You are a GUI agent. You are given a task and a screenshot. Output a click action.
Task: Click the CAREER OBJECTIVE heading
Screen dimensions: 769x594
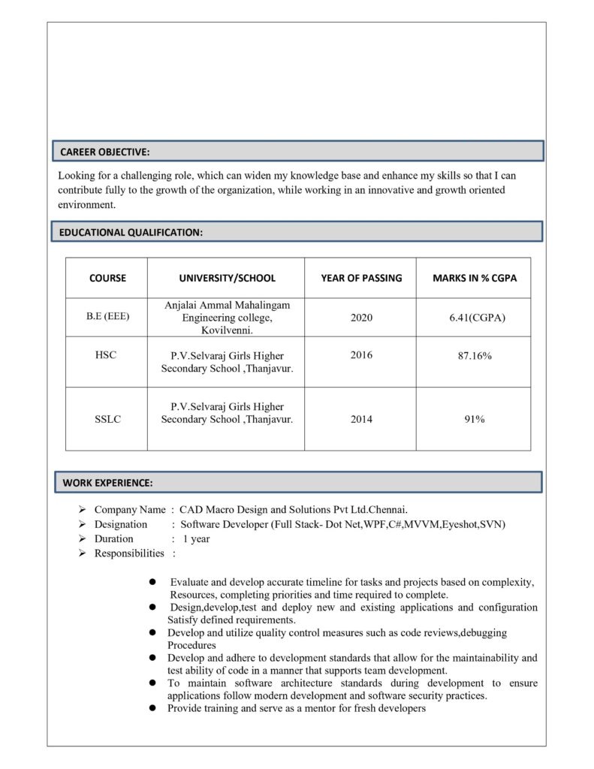click(105, 152)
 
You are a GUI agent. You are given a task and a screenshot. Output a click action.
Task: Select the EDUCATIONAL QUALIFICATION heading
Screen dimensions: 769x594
click(131, 233)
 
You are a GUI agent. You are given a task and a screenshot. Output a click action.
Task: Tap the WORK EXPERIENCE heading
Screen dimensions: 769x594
click(107, 481)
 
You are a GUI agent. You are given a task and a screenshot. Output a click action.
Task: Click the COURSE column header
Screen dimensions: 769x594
click(107, 278)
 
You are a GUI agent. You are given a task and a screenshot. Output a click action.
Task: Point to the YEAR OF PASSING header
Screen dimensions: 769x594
click(361, 278)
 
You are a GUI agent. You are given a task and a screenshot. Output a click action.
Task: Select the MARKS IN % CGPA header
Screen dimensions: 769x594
click(475, 278)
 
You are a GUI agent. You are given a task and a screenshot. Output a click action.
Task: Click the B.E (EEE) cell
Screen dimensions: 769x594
click(107, 317)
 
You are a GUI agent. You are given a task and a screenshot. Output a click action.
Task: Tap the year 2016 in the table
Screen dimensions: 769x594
click(361, 355)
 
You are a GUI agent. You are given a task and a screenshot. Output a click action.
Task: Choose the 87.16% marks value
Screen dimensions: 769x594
click(475, 355)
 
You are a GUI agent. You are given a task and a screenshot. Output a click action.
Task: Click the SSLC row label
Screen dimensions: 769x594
click(107, 420)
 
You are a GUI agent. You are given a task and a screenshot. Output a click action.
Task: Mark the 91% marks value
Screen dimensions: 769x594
click(475, 420)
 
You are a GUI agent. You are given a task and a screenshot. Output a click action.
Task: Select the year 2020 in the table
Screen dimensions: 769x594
click(361, 318)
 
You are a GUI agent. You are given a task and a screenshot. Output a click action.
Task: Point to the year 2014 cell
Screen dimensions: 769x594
click(361, 420)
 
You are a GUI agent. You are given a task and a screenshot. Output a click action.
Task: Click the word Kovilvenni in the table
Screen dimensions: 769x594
click(226, 330)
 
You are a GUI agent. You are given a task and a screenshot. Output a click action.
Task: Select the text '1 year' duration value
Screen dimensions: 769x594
click(197, 539)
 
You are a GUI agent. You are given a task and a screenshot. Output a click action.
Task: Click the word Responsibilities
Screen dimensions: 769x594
click(129, 553)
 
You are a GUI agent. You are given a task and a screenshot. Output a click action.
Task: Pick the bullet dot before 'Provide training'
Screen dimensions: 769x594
click(152, 708)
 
